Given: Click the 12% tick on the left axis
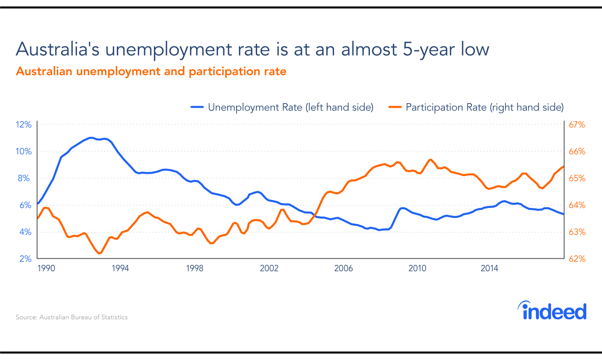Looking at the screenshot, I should tap(24, 125).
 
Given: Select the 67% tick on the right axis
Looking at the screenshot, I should tap(577, 125).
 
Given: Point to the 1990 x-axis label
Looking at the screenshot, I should tap(46, 268).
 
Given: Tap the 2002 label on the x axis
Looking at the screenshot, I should tap(269, 268).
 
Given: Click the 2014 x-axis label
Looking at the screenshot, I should tap(489, 268).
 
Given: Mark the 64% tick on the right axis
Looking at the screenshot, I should tap(577, 205).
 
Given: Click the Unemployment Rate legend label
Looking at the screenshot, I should tap(291, 107).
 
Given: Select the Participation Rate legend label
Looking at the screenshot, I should tap(484, 107).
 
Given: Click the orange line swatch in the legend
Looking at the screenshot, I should tap(395, 107).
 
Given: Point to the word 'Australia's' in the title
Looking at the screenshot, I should tap(57, 50).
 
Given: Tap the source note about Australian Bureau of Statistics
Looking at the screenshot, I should tap(72, 317).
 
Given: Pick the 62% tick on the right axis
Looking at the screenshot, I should tap(577, 259).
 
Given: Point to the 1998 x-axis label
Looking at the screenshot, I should tap(195, 268).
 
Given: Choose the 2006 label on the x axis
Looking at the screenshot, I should tap(343, 268).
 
